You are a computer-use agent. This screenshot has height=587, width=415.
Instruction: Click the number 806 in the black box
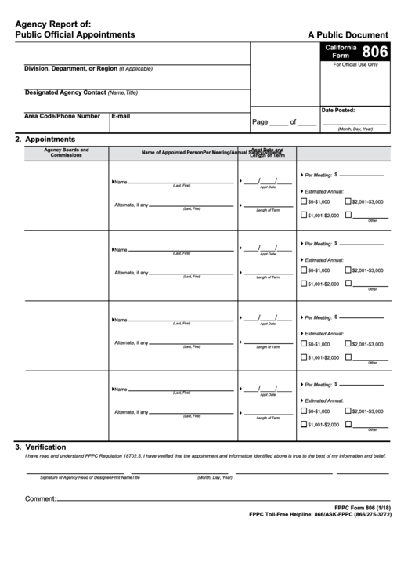(374, 52)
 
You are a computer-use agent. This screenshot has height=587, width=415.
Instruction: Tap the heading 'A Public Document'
(348, 34)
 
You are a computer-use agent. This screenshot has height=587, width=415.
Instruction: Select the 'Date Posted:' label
(338, 111)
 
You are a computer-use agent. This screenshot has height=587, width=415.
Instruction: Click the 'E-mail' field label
(121, 116)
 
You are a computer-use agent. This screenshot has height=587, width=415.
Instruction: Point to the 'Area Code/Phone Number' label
(62, 116)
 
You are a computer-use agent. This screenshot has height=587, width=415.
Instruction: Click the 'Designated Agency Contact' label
(66, 92)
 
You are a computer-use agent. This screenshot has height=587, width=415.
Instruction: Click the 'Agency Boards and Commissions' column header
(67, 152)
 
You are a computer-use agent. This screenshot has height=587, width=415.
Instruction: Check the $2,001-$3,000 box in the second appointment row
(348, 270)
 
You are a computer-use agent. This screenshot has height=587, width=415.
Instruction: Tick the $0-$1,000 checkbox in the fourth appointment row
(304, 411)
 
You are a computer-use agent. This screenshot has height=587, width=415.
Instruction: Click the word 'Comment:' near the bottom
(40, 498)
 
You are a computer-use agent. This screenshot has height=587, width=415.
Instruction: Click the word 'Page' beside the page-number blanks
(260, 122)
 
